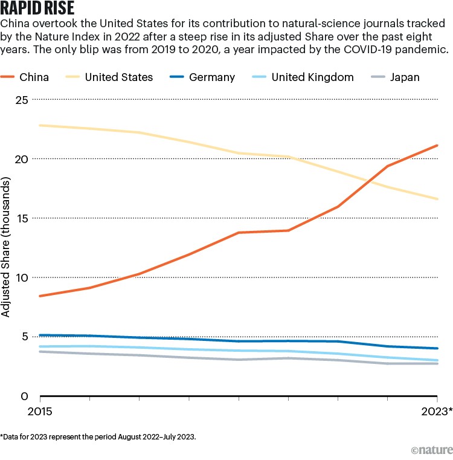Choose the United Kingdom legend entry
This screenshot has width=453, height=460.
pos(299,77)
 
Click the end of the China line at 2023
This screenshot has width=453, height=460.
pos(437,145)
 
